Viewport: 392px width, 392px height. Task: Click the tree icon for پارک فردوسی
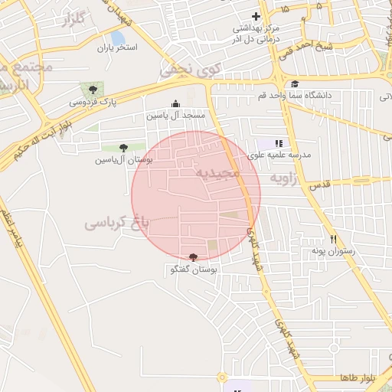[x=93, y=90]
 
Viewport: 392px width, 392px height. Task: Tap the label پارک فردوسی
[x=88, y=101]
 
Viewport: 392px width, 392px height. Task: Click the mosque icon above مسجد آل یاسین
[x=176, y=104]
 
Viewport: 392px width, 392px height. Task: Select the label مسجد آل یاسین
[x=177, y=116]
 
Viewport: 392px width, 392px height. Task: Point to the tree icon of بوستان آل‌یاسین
[x=123, y=148]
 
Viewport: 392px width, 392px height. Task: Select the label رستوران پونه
[x=331, y=250]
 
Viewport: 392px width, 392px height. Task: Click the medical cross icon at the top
[x=256, y=17]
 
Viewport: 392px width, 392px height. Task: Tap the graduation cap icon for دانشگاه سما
[x=294, y=84]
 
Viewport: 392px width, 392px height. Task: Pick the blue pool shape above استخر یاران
[x=117, y=38]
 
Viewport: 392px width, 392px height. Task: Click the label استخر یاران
[x=116, y=47]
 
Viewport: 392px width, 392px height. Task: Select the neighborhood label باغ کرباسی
[x=115, y=224]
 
